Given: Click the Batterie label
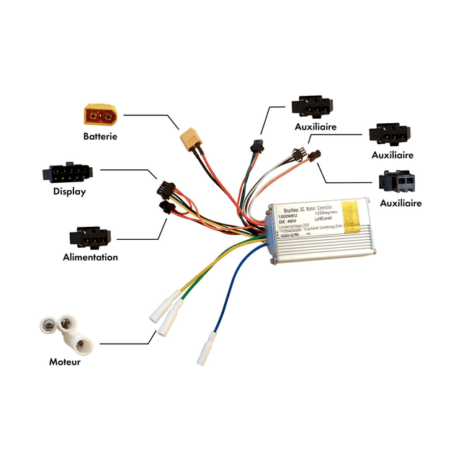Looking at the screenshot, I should (x=99, y=135).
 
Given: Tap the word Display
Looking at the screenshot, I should (x=69, y=192).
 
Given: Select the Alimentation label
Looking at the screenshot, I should (x=90, y=257).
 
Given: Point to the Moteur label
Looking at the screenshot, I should (x=65, y=362).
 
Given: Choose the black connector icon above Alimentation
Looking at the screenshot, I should (x=89, y=238).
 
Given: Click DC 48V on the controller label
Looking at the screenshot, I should (x=288, y=222).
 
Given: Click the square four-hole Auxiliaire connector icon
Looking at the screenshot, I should (x=398, y=182).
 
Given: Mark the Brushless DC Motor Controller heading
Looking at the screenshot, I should (x=307, y=206).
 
